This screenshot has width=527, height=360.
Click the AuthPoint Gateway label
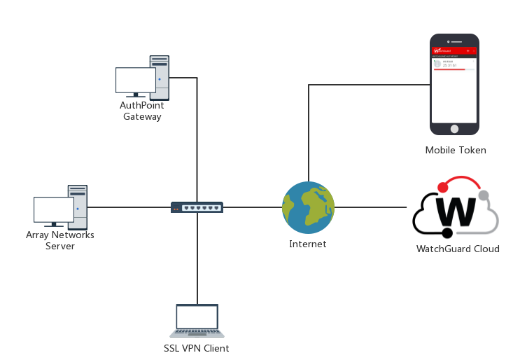pos(142,111)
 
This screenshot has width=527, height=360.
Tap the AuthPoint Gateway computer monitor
pos(135,80)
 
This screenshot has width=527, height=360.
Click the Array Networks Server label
pos(60,240)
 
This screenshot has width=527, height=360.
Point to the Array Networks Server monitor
pos(54,209)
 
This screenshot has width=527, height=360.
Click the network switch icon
pos(197,207)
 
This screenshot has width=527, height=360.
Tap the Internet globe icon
pos(308,208)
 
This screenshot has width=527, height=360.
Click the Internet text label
pos(308,244)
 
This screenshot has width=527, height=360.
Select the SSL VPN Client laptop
pos(197,321)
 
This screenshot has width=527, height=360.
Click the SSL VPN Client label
pos(197,348)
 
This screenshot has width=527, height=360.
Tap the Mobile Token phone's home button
pos(454,129)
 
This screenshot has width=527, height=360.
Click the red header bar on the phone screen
pos(454,51)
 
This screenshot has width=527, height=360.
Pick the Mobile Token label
pos(456,151)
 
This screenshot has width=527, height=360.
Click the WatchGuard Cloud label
pos(458,249)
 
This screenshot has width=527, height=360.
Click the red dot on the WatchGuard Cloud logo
pos(442,188)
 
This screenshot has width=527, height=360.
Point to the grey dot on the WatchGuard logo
pos(483,195)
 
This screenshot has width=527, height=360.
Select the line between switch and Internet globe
pos(252,207)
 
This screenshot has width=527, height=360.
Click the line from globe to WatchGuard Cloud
pos(371,207)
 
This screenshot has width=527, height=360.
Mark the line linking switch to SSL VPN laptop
pos(197,259)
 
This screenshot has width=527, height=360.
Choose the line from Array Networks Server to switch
pos(129,207)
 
